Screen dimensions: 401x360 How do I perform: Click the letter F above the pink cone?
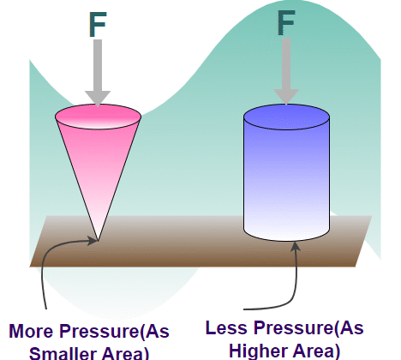[x=98, y=24]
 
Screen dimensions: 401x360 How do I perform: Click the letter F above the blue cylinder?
[x=286, y=23]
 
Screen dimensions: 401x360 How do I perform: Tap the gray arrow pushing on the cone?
[x=98, y=73]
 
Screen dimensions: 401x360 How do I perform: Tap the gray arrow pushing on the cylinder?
[x=286, y=71]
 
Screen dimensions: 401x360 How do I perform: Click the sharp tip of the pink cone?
[x=98, y=241]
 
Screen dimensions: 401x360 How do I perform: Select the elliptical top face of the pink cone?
[x=98, y=117]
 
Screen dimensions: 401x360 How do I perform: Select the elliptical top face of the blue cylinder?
[x=286, y=117]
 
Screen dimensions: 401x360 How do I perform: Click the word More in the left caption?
[x=31, y=331]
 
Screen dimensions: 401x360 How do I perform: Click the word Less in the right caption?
[x=226, y=327]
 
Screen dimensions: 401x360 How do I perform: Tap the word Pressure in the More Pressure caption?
[x=99, y=331]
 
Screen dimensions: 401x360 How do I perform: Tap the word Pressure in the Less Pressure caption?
[x=294, y=327]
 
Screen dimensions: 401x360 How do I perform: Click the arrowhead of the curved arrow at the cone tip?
[x=92, y=241]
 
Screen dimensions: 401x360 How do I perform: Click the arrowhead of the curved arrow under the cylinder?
[x=296, y=247]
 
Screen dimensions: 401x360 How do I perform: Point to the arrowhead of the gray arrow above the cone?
[x=98, y=99]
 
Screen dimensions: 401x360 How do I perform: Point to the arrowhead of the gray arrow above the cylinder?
[x=286, y=97]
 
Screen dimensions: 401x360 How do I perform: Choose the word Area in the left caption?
[x=125, y=353]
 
